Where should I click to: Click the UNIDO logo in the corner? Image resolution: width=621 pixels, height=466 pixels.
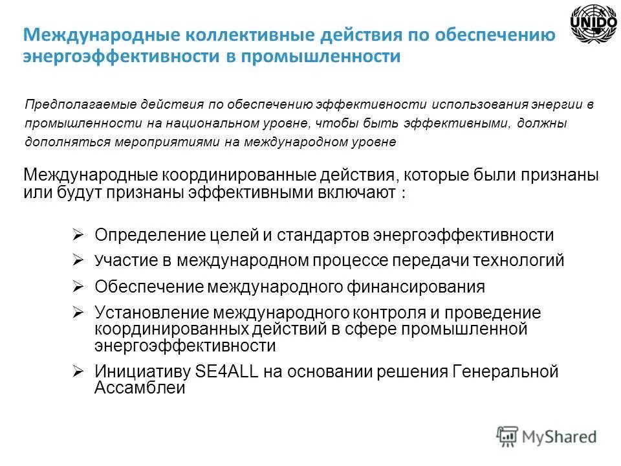(593, 25)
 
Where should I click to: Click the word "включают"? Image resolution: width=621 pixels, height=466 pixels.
(362, 193)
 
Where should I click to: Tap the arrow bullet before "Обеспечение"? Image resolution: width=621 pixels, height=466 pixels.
(77, 285)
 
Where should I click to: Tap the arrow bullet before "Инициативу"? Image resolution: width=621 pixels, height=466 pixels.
(77, 372)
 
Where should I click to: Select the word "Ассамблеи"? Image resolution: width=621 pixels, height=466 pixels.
(140, 388)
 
